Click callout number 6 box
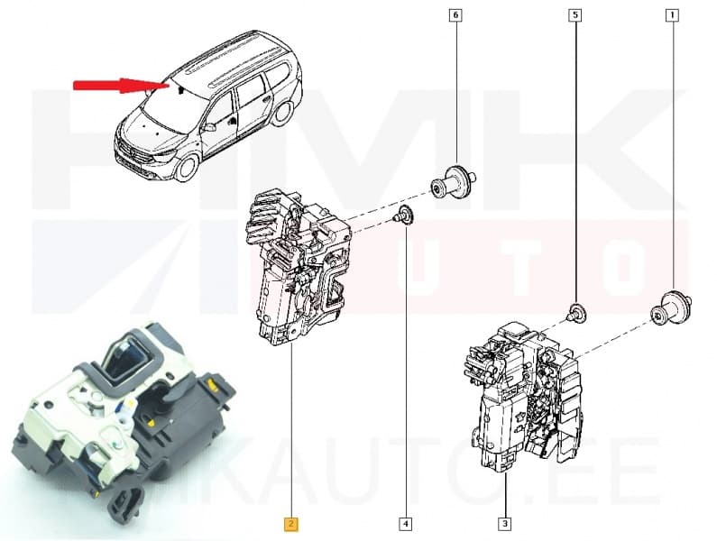455,15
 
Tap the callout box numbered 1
671,15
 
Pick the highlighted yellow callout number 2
292,523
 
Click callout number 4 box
405,523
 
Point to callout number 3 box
504,523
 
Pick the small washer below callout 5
575,313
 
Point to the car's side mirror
209,127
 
